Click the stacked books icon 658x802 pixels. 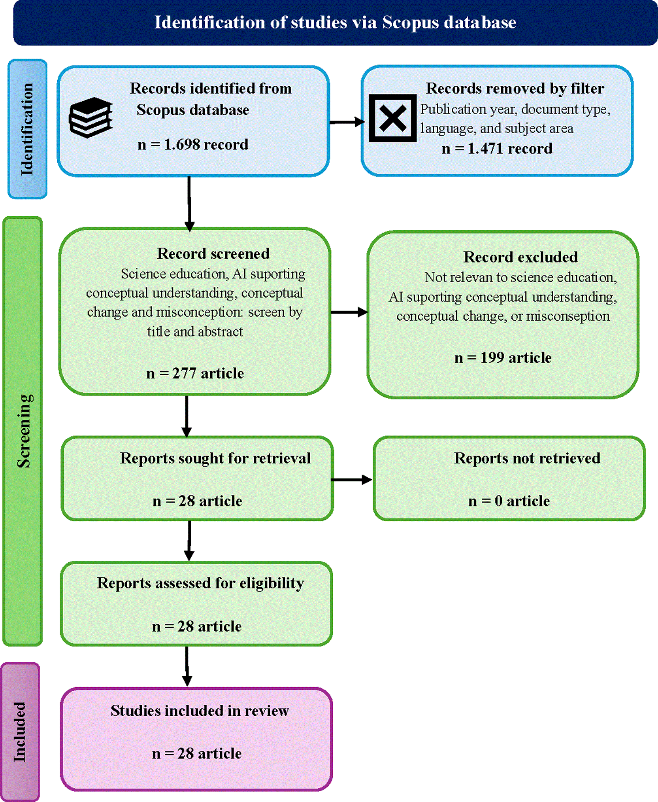pyautogui.click(x=91, y=117)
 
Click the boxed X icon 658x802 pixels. pyautogui.click(x=392, y=118)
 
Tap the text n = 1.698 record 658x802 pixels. pyautogui.click(x=193, y=145)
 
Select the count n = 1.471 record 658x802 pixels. pyautogui.click(x=497, y=149)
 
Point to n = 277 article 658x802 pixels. pyautogui.click(x=195, y=373)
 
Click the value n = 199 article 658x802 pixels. pyautogui.click(x=503, y=358)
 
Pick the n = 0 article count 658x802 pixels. pyautogui.click(x=509, y=501)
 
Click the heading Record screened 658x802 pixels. pyautogui.click(x=213, y=253)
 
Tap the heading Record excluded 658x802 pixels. pyautogui.click(x=520, y=257)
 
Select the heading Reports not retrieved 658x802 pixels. pyautogui.click(x=527, y=458)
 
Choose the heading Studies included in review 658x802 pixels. pyautogui.click(x=200, y=711)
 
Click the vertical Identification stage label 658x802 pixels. pyautogui.click(x=27, y=129)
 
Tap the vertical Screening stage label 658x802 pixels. pyautogui.click(x=24, y=431)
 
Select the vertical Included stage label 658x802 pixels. pyautogui.click(x=19, y=732)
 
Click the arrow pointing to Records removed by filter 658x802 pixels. pyautogui.click(x=347, y=122)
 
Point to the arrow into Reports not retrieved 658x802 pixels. pyautogui.click(x=351, y=480)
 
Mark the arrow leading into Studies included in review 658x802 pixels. pyautogui.click(x=187, y=666)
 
